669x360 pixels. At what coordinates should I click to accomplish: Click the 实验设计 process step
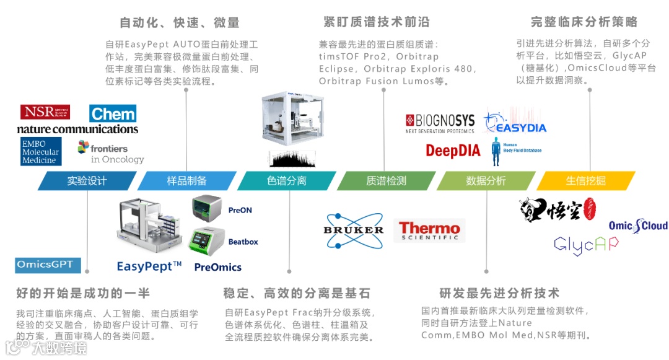[x=87, y=181]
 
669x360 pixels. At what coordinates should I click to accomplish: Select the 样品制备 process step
[x=186, y=181]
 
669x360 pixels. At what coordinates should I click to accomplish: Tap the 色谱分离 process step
[x=286, y=181]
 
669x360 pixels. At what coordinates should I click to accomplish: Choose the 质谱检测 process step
[x=386, y=181]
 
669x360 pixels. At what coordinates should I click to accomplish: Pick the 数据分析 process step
[x=486, y=181]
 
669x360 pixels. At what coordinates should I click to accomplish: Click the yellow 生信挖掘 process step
[x=585, y=181]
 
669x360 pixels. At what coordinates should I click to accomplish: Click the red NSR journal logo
[x=45, y=112]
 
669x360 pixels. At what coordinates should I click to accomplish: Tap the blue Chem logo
[x=113, y=113]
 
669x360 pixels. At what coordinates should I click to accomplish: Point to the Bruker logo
[x=354, y=229]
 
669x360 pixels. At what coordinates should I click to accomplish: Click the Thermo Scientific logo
[x=429, y=230]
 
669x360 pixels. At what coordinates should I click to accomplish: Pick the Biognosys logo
[x=440, y=123]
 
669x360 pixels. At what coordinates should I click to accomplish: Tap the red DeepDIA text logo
[x=453, y=151]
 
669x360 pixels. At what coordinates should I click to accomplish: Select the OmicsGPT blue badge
[x=48, y=265]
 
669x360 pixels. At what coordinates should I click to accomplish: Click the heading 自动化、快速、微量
[x=180, y=23]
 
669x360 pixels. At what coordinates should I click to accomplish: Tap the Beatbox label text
[x=243, y=242]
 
